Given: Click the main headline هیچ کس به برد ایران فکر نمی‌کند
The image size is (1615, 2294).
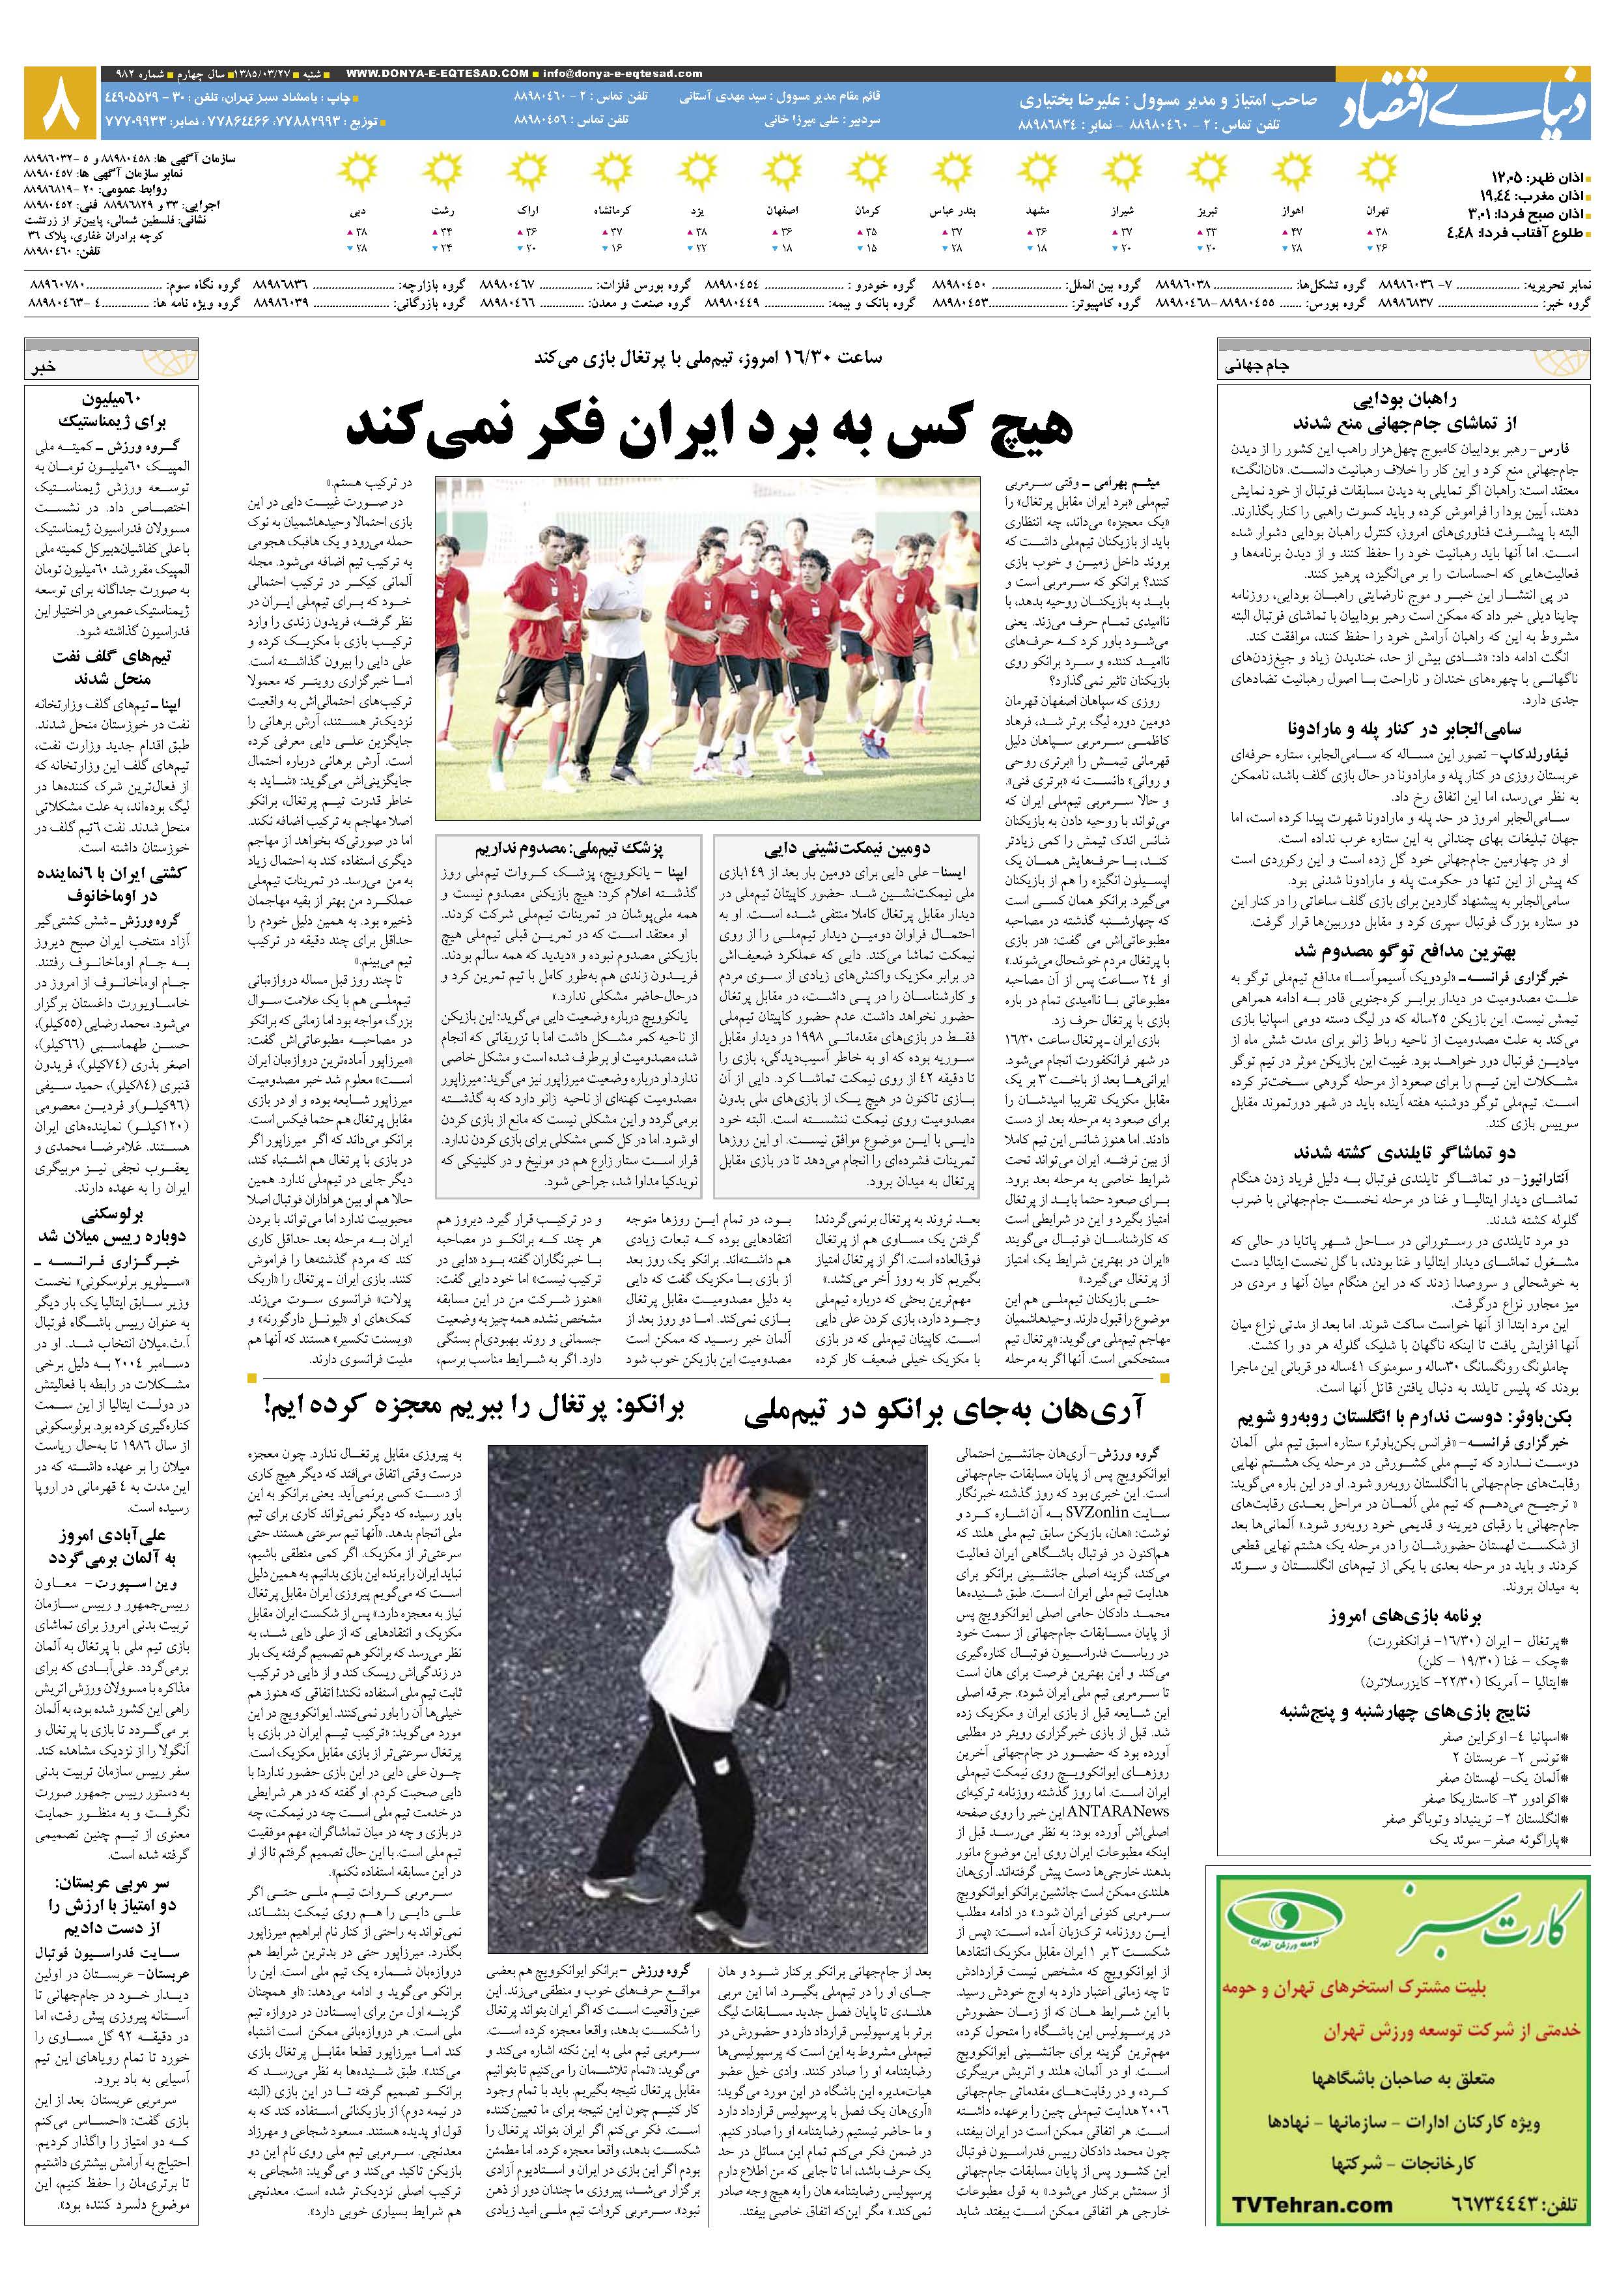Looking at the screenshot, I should [x=709, y=427].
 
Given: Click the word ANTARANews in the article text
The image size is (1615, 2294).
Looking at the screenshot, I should [x=1119, y=1811].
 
